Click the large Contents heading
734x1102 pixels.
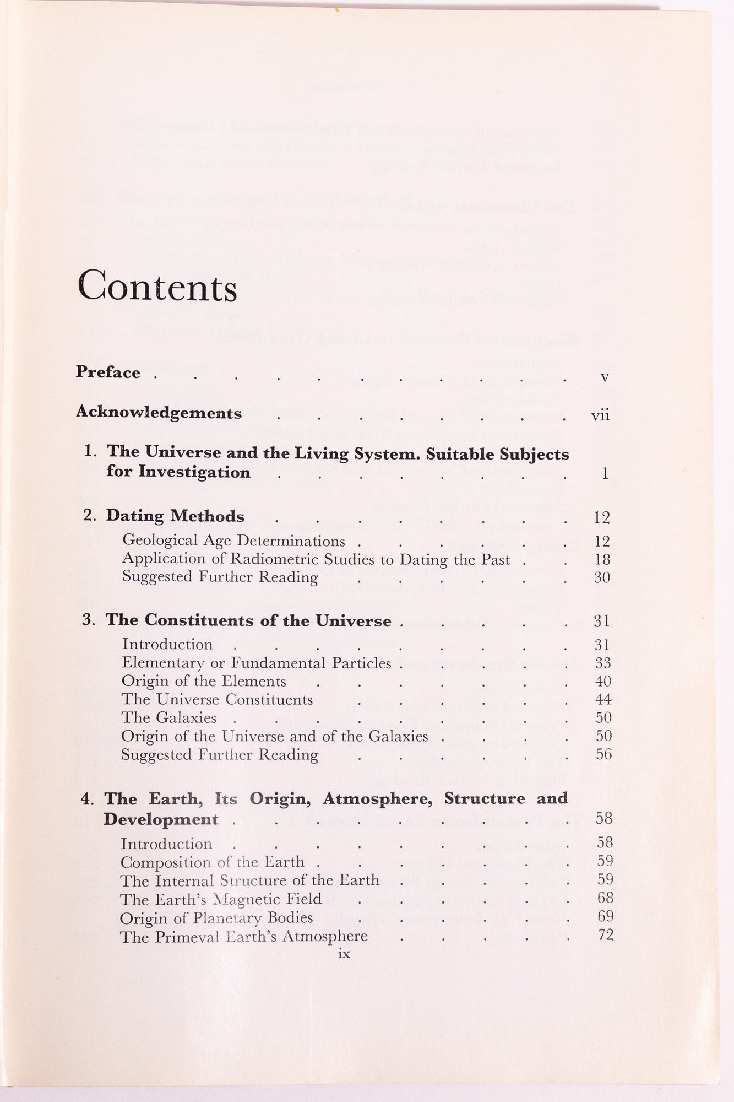pos(157,286)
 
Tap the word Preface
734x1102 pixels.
pos(108,372)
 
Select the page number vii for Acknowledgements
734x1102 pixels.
pos(600,415)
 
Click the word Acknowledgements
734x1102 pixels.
pos(159,413)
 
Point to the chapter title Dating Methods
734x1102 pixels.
pos(175,516)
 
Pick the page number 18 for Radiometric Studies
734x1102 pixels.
pos(602,560)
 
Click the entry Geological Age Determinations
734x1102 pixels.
pos(233,541)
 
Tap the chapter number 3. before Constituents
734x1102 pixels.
pos(89,620)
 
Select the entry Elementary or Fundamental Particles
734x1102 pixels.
pos(256,663)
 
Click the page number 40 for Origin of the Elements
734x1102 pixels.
pos(603,682)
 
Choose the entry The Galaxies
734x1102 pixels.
pos(169,718)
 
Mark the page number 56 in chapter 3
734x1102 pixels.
pos(603,754)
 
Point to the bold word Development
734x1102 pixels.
pos(161,819)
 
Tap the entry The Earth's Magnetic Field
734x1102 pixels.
pos(221,899)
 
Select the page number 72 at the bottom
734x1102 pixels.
pos(605,935)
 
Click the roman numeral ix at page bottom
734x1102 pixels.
pos(344,954)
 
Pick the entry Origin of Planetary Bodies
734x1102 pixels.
pos(216,918)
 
